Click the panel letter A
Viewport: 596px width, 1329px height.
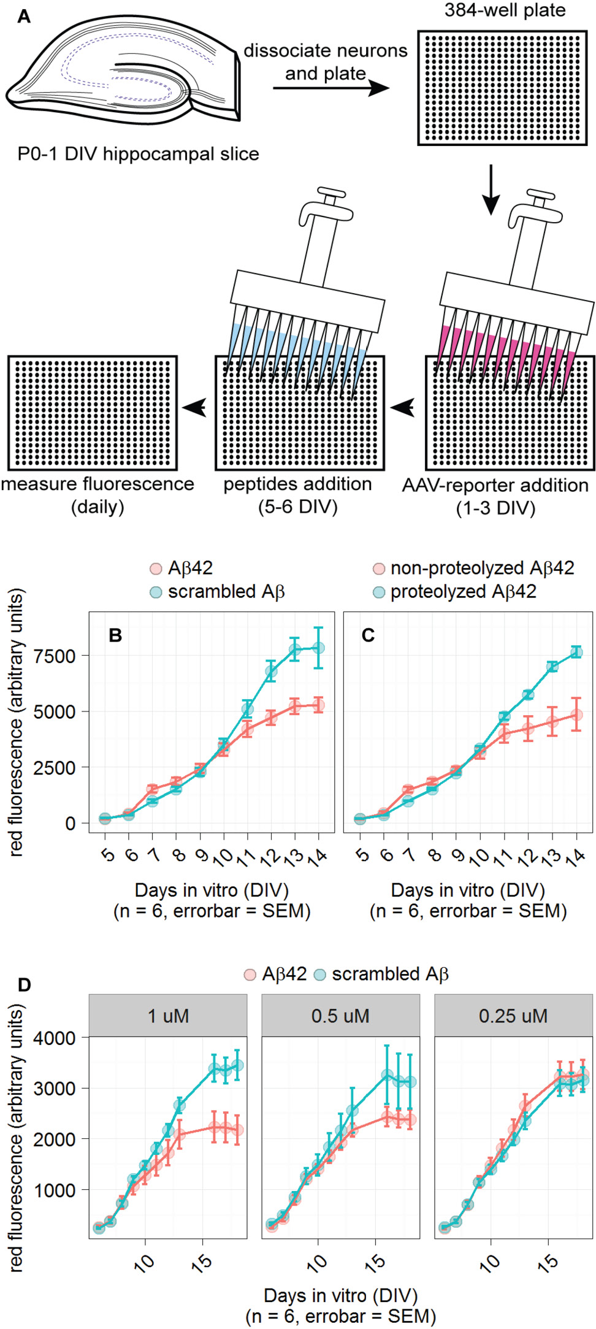pyautogui.click(x=23, y=16)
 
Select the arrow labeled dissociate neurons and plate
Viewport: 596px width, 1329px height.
pyautogui.click(x=331, y=88)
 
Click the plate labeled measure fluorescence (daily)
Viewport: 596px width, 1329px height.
pyautogui.click(x=93, y=413)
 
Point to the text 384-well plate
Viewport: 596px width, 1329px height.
pyautogui.click(x=505, y=10)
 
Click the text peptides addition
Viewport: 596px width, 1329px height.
pyautogui.click(x=297, y=484)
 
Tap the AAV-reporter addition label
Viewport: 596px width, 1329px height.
pyautogui.click(x=495, y=485)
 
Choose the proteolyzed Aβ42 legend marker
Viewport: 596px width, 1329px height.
pyautogui.click(x=380, y=592)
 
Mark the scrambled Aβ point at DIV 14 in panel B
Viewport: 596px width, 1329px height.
pyautogui.click(x=319, y=648)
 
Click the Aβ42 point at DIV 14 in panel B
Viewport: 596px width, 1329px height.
pyautogui.click(x=319, y=705)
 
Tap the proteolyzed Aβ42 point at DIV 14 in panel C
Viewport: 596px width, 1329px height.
pyautogui.click(x=576, y=652)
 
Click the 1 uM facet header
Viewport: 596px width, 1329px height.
pyautogui.click(x=168, y=1016)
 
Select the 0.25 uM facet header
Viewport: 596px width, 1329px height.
pyautogui.click(x=513, y=1016)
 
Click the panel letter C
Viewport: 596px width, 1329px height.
pyautogui.click(x=368, y=635)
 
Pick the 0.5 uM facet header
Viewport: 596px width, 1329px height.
pyautogui.click(x=340, y=1016)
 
